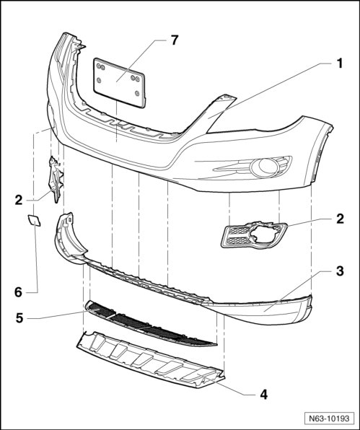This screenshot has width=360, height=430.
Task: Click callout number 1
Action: (x=339, y=63)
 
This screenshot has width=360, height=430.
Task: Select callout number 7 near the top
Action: (x=175, y=40)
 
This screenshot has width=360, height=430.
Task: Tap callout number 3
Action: (x=340, y=271)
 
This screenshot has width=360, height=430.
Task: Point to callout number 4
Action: (x=263, y=395)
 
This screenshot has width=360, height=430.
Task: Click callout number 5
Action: (x=19, y=318)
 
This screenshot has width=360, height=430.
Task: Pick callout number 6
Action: (x=18, y=292)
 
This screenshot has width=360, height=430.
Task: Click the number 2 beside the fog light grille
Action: (x=340, y=219)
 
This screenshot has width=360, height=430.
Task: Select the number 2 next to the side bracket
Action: (x=19, y=200)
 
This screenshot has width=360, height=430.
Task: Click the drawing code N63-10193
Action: (x=329, y=418)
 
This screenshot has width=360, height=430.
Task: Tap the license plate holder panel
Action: (x=119, y=82)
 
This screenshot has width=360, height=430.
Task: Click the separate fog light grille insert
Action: (x=254, y=235)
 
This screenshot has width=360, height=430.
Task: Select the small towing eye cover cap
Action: (x=35, y=220)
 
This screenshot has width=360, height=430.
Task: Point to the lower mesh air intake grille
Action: (x=151, y=325)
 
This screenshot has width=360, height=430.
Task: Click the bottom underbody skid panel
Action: (x=151, y=359)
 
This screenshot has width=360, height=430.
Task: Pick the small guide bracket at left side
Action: (x=56, y=180)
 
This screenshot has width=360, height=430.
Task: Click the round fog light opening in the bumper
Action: (x=264, y=166)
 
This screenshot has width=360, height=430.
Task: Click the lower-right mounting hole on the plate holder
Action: (x=137, y=94)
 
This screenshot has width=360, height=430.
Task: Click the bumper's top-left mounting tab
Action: (x=77, y=43)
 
